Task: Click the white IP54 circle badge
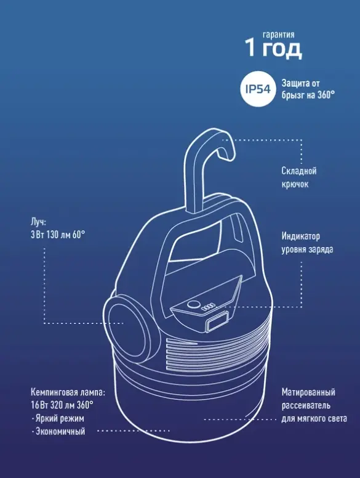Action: pyautogui.click(x=258, y=89)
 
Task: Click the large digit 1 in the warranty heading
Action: pyautogui.click(x=250, y=47)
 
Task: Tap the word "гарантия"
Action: pyautogui.click(x=279, y=34)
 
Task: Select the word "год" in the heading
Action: pyautogui.click(x=282, y=49)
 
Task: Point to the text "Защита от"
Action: pyautogui.click(x=300, y=83)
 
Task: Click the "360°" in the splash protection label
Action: pyautogui.click(x=326, y=95)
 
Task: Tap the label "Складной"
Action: pyautogui.click(x=299, y=171)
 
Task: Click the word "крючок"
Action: pyautogui.click(x=295, y=184)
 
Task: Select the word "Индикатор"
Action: pyautogui.click(x=300, y=236)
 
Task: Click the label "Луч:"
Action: pyautogui.click(x=38, y=222)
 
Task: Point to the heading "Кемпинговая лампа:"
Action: pyautogui.click(x=68, y=392)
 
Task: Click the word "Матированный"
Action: pyautogui.click(x=308, y=392)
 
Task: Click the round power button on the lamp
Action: pyautogui.click(x=193, y=304)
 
